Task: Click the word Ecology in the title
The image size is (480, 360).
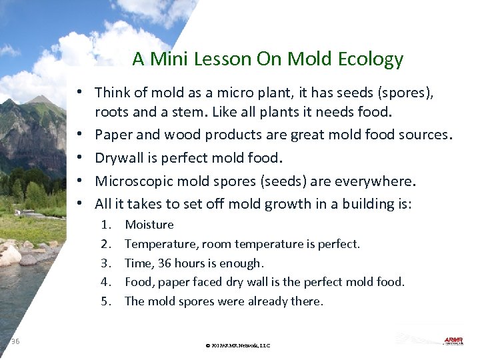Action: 370,59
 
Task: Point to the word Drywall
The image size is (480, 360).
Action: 120,158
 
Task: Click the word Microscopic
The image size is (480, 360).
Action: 135,181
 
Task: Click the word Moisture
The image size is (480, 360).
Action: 149,225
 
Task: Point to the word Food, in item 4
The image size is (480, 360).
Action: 139,282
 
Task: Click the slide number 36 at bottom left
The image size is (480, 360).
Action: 15,341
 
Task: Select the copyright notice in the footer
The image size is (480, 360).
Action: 238,345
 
